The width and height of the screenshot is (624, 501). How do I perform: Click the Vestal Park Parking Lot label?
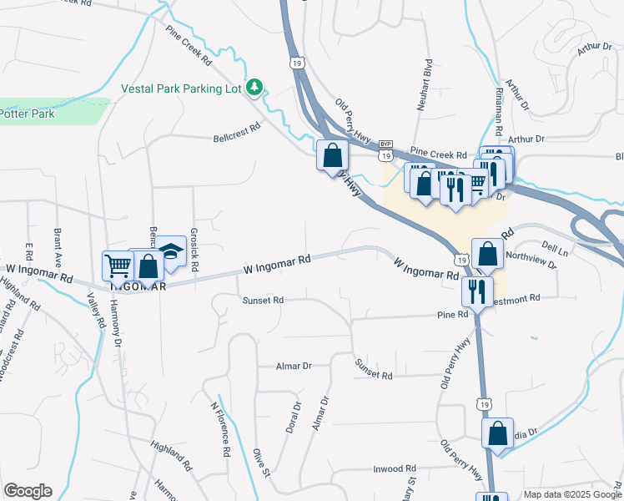181,88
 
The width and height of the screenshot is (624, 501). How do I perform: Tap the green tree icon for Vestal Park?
256,87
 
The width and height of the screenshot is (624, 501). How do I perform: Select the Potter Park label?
27,114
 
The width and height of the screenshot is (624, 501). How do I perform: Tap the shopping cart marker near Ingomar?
118,267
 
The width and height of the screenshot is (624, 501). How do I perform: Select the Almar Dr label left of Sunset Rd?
294,366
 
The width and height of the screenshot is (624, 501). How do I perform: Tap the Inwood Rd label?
394,469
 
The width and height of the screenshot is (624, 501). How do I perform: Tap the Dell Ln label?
554,249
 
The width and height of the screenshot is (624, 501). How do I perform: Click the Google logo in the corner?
28,491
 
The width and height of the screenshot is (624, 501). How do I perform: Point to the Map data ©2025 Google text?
572,494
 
